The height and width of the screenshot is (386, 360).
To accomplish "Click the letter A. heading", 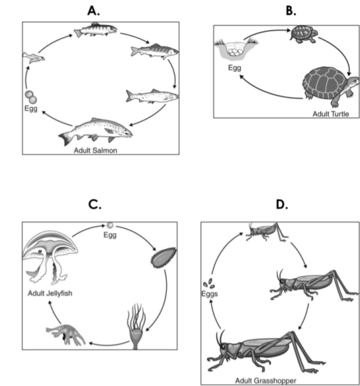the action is (93, 11).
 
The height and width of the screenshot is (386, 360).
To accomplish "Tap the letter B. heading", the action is (291, 11).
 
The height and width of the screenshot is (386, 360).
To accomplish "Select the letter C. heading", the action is (95, 205).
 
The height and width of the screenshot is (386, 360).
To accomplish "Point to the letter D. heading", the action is (282, 205).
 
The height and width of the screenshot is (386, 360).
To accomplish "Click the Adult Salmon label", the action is (95, 150).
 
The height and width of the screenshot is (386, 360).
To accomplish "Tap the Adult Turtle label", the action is (331, 114).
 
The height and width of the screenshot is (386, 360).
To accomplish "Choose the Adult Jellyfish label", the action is (50, 293).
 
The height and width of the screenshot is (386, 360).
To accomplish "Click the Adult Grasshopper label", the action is (265, 381).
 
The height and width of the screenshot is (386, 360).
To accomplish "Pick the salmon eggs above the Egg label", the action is (31, 97).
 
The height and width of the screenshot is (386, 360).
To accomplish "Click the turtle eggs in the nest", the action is (234, 52).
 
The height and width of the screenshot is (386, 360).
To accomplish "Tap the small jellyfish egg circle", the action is (110, 225).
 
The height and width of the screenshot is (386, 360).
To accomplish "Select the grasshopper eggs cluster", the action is (209, 283).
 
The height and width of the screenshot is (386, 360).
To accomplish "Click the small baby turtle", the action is (304, 34).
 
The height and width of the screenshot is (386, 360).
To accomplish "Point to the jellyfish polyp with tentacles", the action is (136, 326).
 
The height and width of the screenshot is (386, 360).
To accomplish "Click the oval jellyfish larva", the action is (163, 258).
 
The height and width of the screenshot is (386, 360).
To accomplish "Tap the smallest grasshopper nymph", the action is (267, 232).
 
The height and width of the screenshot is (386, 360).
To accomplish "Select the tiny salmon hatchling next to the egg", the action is (34, 58).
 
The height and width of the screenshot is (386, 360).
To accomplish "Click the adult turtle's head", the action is (354, 82).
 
